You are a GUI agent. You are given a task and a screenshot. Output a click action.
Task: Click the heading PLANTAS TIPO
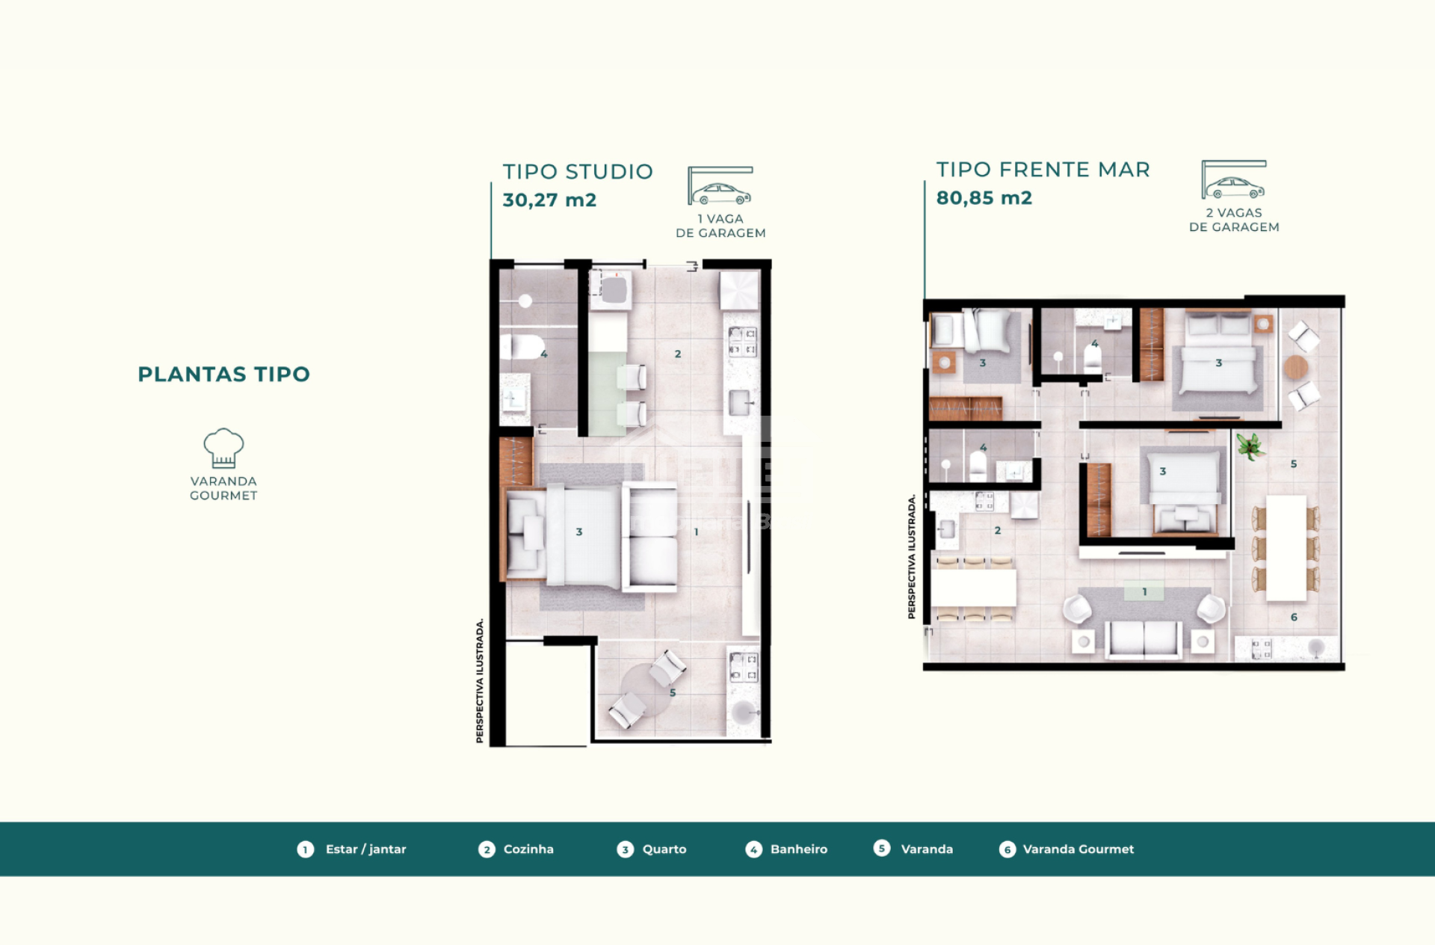pos(223,374)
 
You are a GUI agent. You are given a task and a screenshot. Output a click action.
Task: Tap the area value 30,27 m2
pos(549,200)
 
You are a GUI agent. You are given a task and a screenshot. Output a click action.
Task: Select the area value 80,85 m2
pos(984,198)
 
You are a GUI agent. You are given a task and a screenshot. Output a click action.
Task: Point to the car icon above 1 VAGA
pos(720,194)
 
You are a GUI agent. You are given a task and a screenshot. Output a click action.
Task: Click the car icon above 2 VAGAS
pos(1235,187)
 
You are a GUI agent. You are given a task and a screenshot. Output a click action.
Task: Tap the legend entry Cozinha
pos(528,849)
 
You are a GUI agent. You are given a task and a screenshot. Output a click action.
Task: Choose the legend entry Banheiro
pos(799,849)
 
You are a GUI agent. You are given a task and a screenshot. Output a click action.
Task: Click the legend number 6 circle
pos(1007,849)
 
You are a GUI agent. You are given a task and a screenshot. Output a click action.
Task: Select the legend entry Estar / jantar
pos(366,849)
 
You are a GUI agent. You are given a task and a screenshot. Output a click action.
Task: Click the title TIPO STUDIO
pos(578,172)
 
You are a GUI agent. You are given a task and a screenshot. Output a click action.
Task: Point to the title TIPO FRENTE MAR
pos(1043,170)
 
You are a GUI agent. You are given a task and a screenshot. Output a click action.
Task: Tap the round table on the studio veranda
pos(647,690)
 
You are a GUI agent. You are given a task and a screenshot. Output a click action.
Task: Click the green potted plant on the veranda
pos(1250,447)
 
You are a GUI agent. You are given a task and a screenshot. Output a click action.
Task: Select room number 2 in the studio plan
pos(678,354)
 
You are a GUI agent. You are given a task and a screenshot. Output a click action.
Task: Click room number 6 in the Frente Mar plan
pos(1294,617)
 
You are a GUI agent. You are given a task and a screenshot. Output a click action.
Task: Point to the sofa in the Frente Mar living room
pos(1144,640)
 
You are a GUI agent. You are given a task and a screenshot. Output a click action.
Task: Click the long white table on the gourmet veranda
pos(1286,548)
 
